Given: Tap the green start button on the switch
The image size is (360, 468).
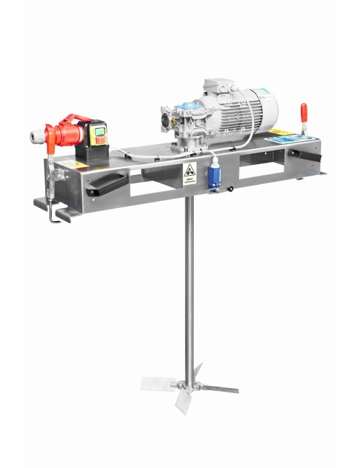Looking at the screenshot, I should (x=99, y=131).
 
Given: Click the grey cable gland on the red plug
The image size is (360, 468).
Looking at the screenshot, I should (x=35, y=135).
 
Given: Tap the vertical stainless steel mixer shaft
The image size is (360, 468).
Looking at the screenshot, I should (x=189, y=288).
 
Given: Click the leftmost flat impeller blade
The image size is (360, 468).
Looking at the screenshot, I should (x=155, y=382).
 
